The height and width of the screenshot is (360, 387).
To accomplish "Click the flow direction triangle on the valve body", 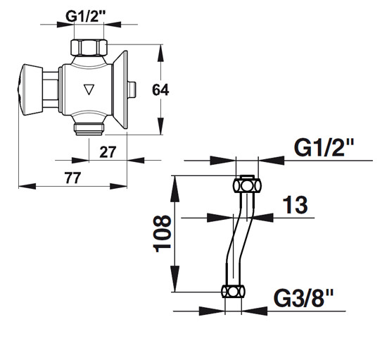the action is (x=89, y=89).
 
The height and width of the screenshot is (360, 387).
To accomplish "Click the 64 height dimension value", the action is (x=160, y=90).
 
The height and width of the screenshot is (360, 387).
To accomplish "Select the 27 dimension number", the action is (x=108, y=152).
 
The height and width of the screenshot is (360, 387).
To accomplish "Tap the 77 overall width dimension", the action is (x=72, y=178).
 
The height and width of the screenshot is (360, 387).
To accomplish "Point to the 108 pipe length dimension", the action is (x=162, y=234).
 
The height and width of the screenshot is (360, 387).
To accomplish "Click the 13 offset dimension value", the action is (x=295, y=205).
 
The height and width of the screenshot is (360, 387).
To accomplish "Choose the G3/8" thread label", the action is (x=303, y=298).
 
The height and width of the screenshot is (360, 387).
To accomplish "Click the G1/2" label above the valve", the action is (x=85, y=16).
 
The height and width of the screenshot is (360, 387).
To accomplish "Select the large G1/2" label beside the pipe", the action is (x=324, y=147).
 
